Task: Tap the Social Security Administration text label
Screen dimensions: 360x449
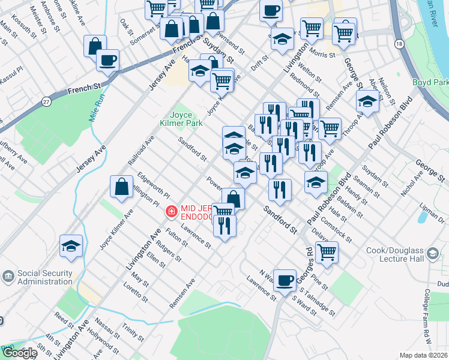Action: pyautogui.click(x=45, y=277)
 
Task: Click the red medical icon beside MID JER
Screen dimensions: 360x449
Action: pyautogui.click(x=171, y=211)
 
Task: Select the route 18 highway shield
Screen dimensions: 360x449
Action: pyautogui.click(x=399, y=44)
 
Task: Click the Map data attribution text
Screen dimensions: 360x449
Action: pyautogui.click(x=423, y=355)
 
